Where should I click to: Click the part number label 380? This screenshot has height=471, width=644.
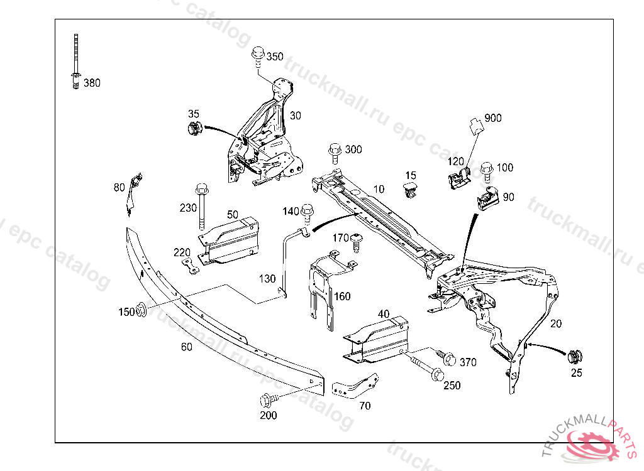tap(92, 83)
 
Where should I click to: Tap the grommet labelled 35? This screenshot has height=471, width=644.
tap(193, 130)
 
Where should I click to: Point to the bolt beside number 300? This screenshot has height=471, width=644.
tap(335, 152)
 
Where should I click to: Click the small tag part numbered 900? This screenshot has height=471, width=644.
tap(475, 124)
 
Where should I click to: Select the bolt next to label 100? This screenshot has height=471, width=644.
tap(487, 171)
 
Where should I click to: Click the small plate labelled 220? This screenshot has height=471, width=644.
tap(191, 268)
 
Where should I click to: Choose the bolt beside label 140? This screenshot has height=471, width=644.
tap(308, 212)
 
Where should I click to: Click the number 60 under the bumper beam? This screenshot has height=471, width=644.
tap(187, 346)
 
